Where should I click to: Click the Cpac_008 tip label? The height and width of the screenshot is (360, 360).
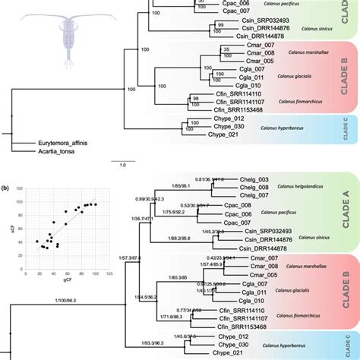click(236, 206)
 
